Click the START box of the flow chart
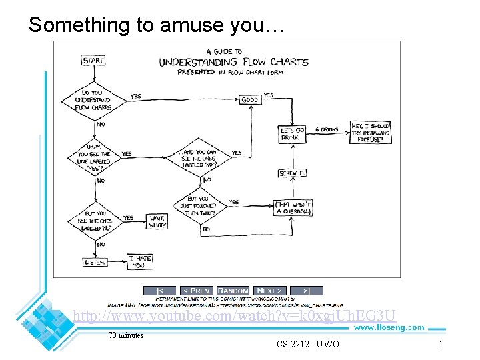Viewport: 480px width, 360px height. [x=93, y=61]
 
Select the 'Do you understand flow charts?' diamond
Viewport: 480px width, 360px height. [x=93, y=100]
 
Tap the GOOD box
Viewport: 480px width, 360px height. [x=250, y=99]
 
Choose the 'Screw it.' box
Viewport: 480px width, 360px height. [x=293, y=173]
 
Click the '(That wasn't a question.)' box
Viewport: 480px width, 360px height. [x=293, y=207]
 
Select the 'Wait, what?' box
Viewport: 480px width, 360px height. [x=158, y=221]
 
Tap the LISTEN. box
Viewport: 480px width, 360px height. [x=94, y=262]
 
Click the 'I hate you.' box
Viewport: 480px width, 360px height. [x=139, y=261]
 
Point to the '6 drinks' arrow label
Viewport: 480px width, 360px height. [x=327, y=129]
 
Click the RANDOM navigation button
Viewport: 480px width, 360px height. [x=233, y=291]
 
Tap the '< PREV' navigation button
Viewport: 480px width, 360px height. [x=196, y=291]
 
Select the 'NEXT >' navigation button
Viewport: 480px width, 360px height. [x=270, y=291]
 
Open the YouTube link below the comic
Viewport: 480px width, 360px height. [x=234, y=315]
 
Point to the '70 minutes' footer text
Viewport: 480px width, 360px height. [x=126, y=335]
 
